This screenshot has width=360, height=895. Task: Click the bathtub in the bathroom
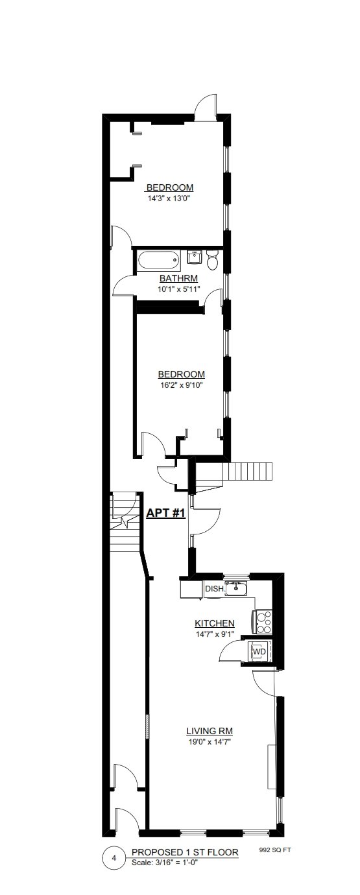point(158,260)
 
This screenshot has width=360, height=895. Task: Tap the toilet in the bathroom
point(211,259)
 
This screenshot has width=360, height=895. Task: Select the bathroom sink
point(195,257)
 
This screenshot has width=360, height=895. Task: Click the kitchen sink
point(235,588)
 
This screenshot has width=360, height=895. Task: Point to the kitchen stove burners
point(264,622)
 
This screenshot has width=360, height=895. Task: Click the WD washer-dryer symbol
point(258,652)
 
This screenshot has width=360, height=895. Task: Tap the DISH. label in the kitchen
point(215,588)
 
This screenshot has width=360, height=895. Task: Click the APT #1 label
point(166,512)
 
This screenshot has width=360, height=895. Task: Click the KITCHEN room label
point(214,623)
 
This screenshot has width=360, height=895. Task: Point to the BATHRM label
point(178,278)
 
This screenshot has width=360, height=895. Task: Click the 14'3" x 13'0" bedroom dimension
point(170,198)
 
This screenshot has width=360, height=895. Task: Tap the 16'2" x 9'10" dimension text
point(181,385)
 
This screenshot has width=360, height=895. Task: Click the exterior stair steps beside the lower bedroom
point(248,472)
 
